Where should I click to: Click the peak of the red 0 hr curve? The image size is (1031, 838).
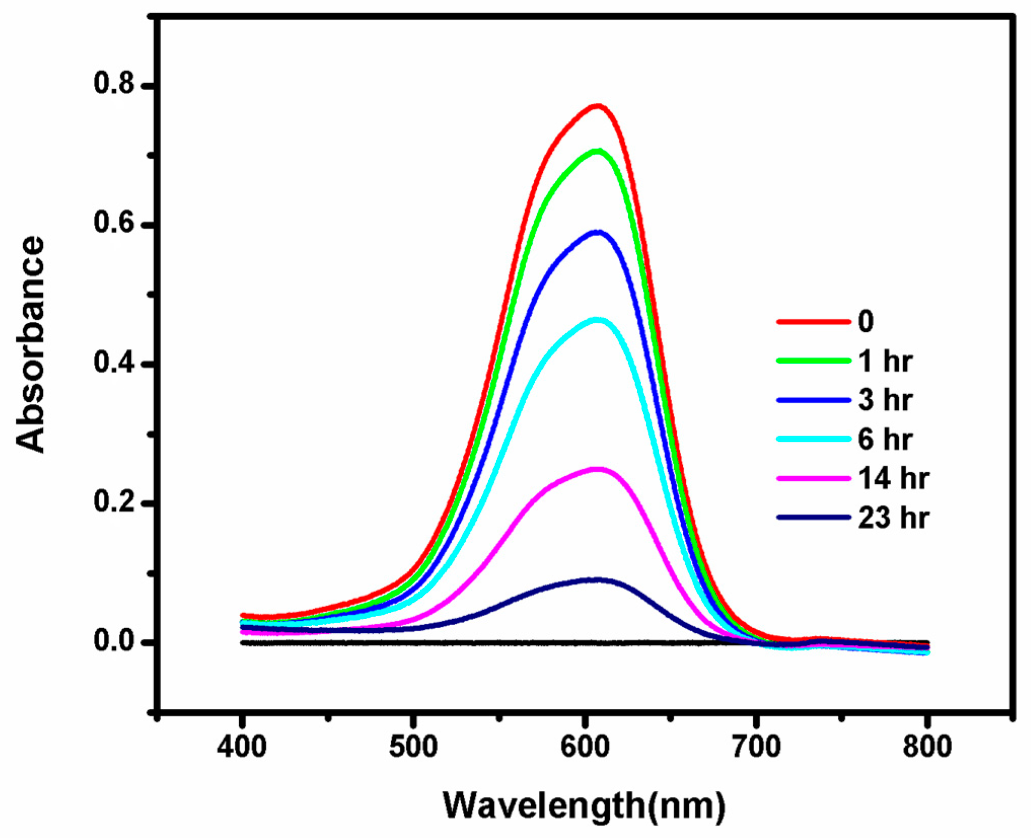coord(598,106)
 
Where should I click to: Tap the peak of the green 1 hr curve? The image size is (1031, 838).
coord(598,151)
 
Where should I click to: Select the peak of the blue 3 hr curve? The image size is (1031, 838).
coord(599,232)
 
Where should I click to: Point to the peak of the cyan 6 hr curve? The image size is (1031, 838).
coord(598,320)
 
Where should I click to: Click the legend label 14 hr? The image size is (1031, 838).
coord(893,478)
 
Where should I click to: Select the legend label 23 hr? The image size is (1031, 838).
coord(893,518)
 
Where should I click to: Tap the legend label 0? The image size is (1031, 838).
coord(866,321)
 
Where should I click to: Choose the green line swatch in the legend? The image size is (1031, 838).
coord(813,361)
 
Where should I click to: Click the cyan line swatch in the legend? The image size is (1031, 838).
coord(813,439)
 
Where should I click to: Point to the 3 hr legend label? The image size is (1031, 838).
coord(885,400)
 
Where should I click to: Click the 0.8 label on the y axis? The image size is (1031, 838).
coord(115,84)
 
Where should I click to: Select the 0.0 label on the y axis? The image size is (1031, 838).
coord(115,641)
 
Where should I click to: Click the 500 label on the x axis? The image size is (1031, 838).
coord(413,747)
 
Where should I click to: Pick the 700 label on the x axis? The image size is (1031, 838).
coord(756,747)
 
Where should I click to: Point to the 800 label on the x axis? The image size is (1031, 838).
coord(927,747)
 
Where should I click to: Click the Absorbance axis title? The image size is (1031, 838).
coord(30,345)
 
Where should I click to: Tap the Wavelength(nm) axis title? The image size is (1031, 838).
coord(584,805)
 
